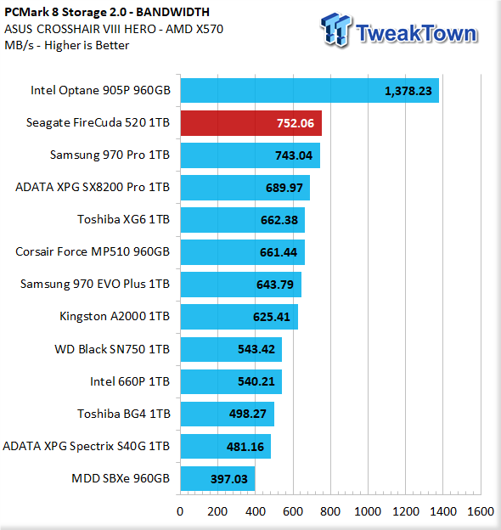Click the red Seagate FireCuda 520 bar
[251, 123]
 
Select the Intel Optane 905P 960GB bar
[310, 91]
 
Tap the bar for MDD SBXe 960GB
[217, 479]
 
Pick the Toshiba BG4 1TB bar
[228, 414]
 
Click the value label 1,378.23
[408, 91]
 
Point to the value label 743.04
[294, 155]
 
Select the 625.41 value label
[271, 317]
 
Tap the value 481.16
[245, 447]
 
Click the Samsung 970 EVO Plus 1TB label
[95, 284]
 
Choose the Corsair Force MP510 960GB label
[93, 251]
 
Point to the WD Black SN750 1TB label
[112, 349]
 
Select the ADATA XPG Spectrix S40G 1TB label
[86, 446]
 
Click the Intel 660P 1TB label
[130, 381]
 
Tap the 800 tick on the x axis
[330, 512]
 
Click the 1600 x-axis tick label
[481, 512]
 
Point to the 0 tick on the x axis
[180, 512]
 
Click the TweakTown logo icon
[335, 30]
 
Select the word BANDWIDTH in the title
[172, 12]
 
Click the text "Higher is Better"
[87, 45]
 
